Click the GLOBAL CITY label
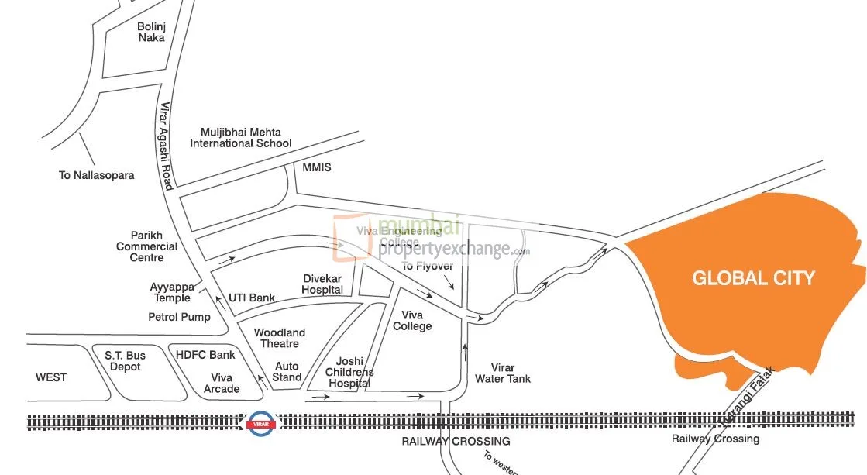point(753,278)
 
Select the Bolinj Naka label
point(151,32)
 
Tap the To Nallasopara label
point(96,175)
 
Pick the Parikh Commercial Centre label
point(146,246)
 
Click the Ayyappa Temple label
point(170,292)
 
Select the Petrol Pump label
point(179,317)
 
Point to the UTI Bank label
point(252,298)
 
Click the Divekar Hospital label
point(322,284)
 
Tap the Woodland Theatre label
point(280,338)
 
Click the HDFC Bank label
point(205,355)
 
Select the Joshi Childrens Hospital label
point(349,373)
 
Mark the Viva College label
point(412,321)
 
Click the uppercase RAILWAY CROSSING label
point(456,441)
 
